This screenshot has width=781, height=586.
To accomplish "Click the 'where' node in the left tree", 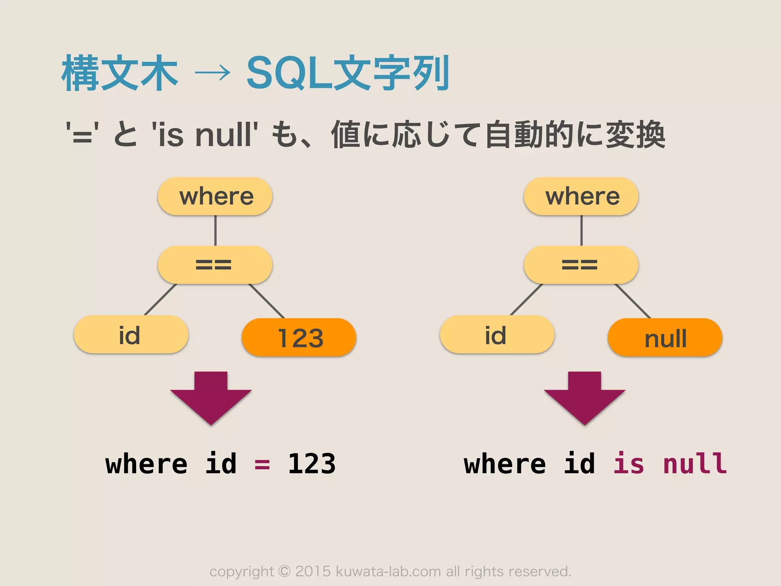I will pos(215,196).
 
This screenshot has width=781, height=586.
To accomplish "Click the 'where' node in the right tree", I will pos(581,196).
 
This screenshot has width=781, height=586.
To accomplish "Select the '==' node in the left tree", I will pos(215,265).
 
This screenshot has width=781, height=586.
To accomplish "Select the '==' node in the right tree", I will pos(581,265).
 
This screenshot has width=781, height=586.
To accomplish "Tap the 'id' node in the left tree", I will pos(131,335).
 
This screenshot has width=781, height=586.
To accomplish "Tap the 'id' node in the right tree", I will pos(497,335).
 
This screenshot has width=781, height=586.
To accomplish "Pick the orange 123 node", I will pos(299,338).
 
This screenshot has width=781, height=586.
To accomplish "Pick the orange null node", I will pos(665,338).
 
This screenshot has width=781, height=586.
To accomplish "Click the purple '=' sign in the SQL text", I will pos(262,465).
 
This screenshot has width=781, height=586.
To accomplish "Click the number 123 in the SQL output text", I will pos(312,464).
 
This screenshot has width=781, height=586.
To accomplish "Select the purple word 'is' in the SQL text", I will pos(628,464).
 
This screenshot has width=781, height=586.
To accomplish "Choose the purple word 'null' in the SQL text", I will pos(695,464).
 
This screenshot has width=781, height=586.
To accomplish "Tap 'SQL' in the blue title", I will pos(289,73).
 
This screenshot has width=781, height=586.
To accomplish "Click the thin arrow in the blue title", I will pos(212,72).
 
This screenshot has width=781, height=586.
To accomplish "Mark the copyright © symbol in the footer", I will pos(284,571).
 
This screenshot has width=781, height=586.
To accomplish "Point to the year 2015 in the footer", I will pos(313,572).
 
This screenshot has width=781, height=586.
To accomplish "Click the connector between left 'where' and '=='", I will pos(215,230).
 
